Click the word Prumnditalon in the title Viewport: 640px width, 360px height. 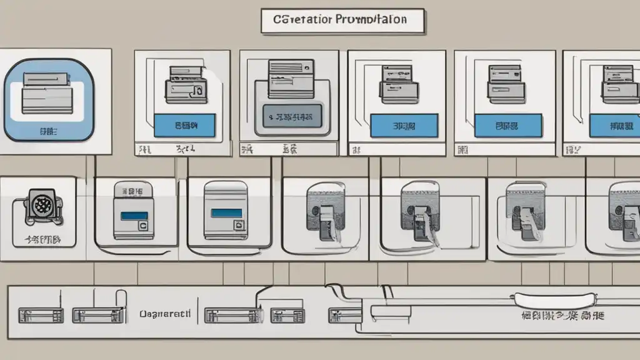pyautogui.click(x=371, y=19)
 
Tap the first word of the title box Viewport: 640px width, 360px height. pyautogui.click(x=299, y=19)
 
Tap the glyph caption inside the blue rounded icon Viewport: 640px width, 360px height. pyautogui.click(x=47, y=132)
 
